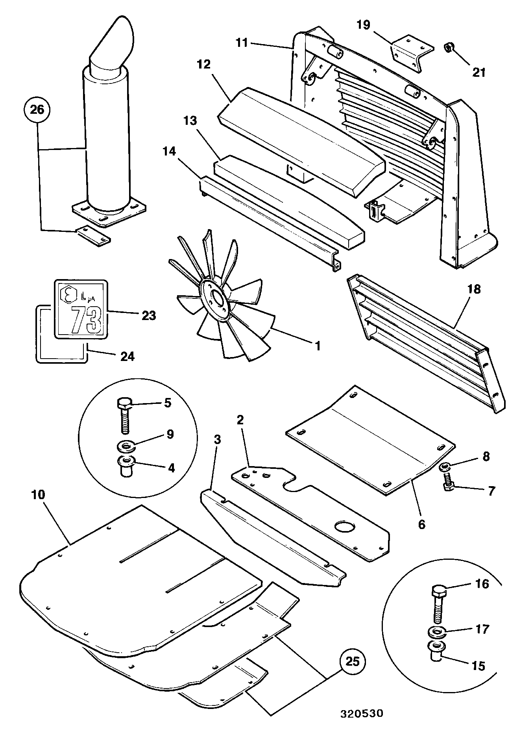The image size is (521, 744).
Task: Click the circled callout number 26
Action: coord(38,110)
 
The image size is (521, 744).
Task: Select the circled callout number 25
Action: coord(353,661)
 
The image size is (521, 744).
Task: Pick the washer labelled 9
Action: coord(126,446)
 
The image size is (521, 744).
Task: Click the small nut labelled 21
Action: coord(449,48)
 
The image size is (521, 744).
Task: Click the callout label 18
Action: coord(474,289)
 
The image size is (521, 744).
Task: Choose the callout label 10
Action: coord(39,495)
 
